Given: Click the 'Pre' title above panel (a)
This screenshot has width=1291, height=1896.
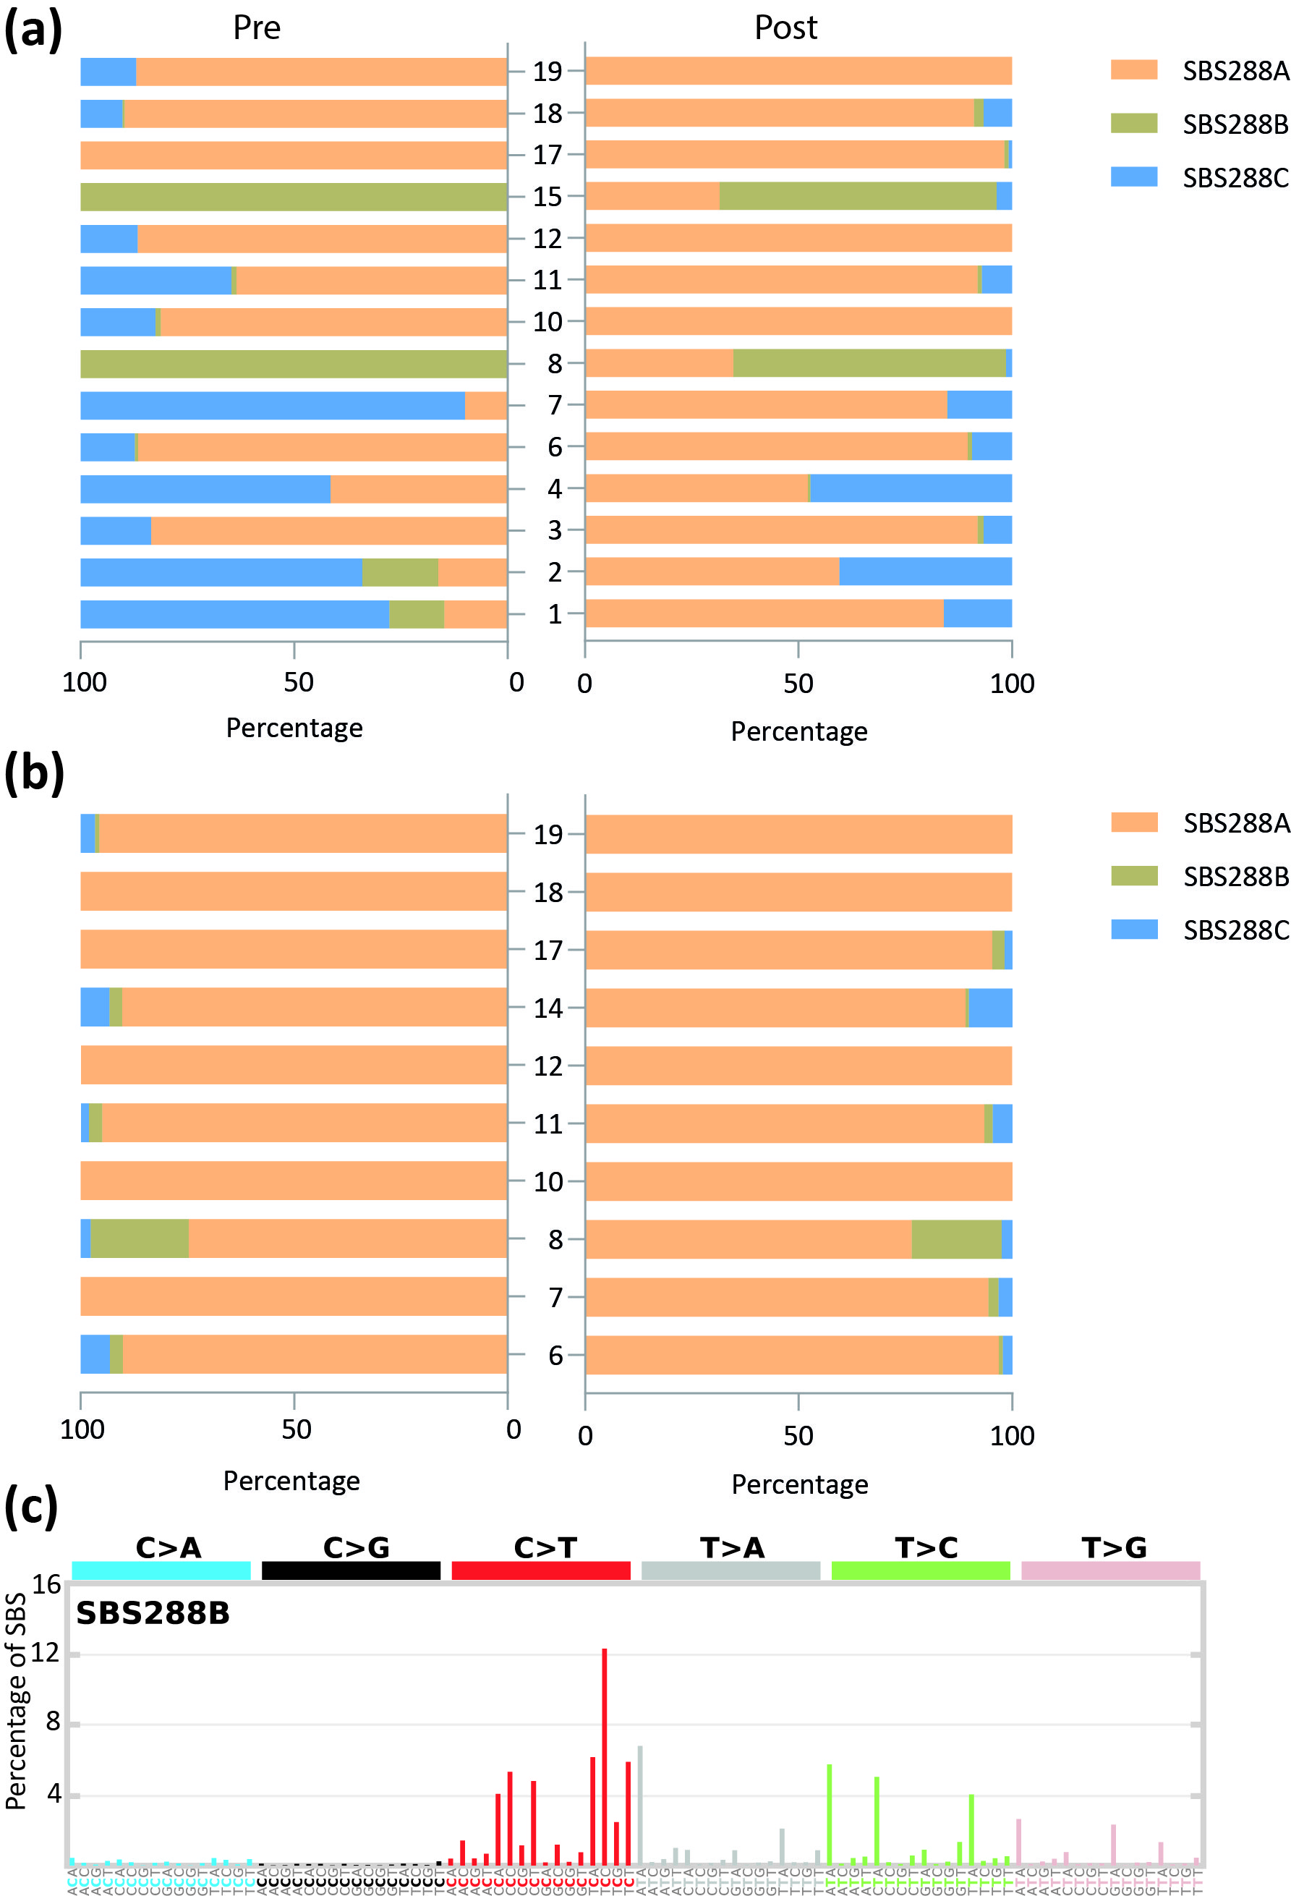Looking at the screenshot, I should (256, 27).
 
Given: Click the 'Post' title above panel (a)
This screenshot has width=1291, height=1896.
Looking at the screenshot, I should (785, 27).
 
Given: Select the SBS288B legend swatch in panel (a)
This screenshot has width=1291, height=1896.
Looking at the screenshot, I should (1133, 123).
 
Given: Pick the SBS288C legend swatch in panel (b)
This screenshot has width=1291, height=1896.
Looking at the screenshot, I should (1133, 930).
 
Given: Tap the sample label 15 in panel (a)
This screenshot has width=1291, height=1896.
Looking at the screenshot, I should (547, 197).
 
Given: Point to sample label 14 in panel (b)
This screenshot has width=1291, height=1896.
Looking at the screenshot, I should (548, 1008).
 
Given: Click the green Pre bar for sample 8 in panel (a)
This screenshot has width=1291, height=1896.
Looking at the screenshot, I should (294, 364).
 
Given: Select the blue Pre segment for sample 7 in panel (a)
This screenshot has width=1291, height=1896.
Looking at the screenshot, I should (273, 406).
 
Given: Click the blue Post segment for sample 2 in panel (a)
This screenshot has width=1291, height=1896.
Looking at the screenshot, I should (925, 571).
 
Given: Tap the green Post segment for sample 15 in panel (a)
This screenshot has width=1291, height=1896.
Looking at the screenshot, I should (856, 197).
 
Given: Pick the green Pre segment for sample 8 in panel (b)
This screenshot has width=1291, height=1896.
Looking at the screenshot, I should (140, 1238).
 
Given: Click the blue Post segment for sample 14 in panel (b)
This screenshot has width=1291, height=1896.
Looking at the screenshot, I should (990, 1008).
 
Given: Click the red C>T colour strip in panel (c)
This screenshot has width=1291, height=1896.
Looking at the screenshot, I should (541, 1570).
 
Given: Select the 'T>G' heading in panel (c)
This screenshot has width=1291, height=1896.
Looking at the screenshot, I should (1113, 1547).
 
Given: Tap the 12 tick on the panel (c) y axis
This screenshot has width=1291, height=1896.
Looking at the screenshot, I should (46, 1654).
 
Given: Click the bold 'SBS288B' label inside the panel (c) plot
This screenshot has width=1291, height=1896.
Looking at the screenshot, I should (153, 1613).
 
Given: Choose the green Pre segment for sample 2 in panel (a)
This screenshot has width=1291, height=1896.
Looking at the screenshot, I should (400, 573).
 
